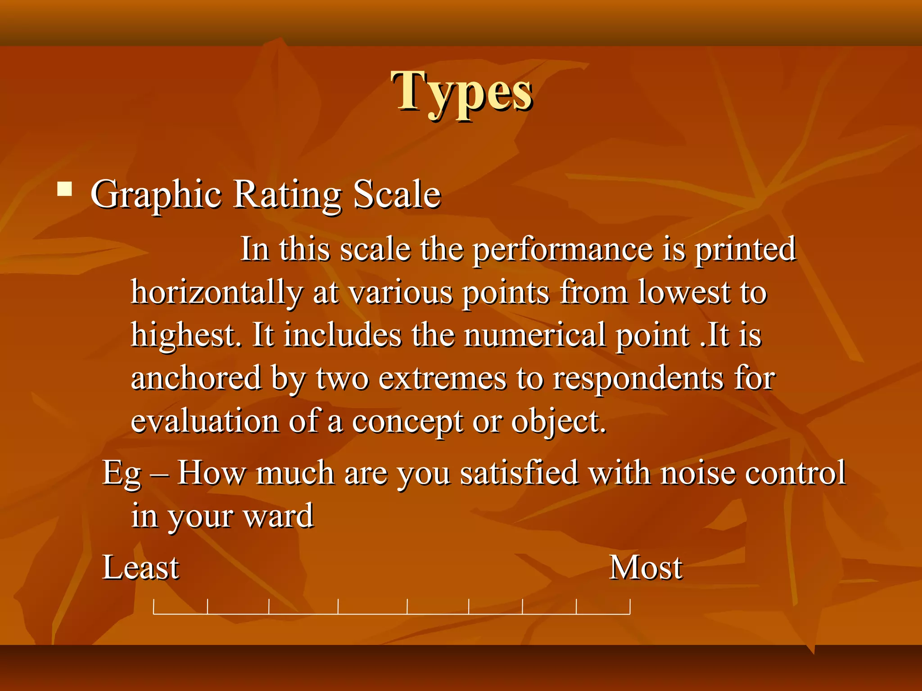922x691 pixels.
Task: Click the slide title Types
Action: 462,92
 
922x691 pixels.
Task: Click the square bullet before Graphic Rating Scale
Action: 65,189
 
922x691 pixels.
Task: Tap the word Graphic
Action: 156,195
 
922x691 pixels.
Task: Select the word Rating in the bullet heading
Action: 287,195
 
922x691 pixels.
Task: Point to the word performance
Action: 563,250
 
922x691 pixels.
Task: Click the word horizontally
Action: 216,293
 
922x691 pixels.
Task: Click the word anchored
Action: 196,378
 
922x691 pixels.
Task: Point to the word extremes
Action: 442,378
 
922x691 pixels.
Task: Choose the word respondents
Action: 638,378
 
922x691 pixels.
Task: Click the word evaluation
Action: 205,421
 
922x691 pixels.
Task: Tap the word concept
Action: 407,422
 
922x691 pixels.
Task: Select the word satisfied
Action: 519,473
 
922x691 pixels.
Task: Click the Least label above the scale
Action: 141,567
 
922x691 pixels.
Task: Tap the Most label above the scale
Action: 646,567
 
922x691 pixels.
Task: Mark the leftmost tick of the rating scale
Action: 154,606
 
